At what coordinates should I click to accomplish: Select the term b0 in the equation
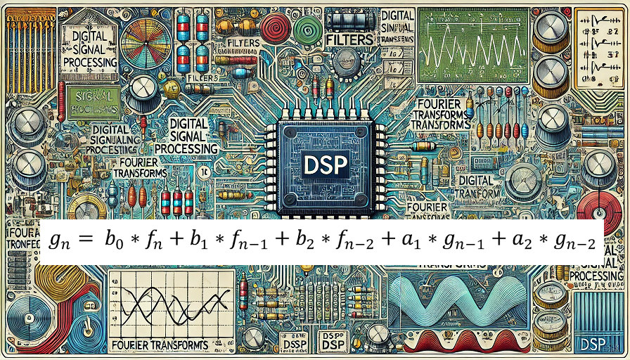114,240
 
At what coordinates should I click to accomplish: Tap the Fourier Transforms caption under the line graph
160,345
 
